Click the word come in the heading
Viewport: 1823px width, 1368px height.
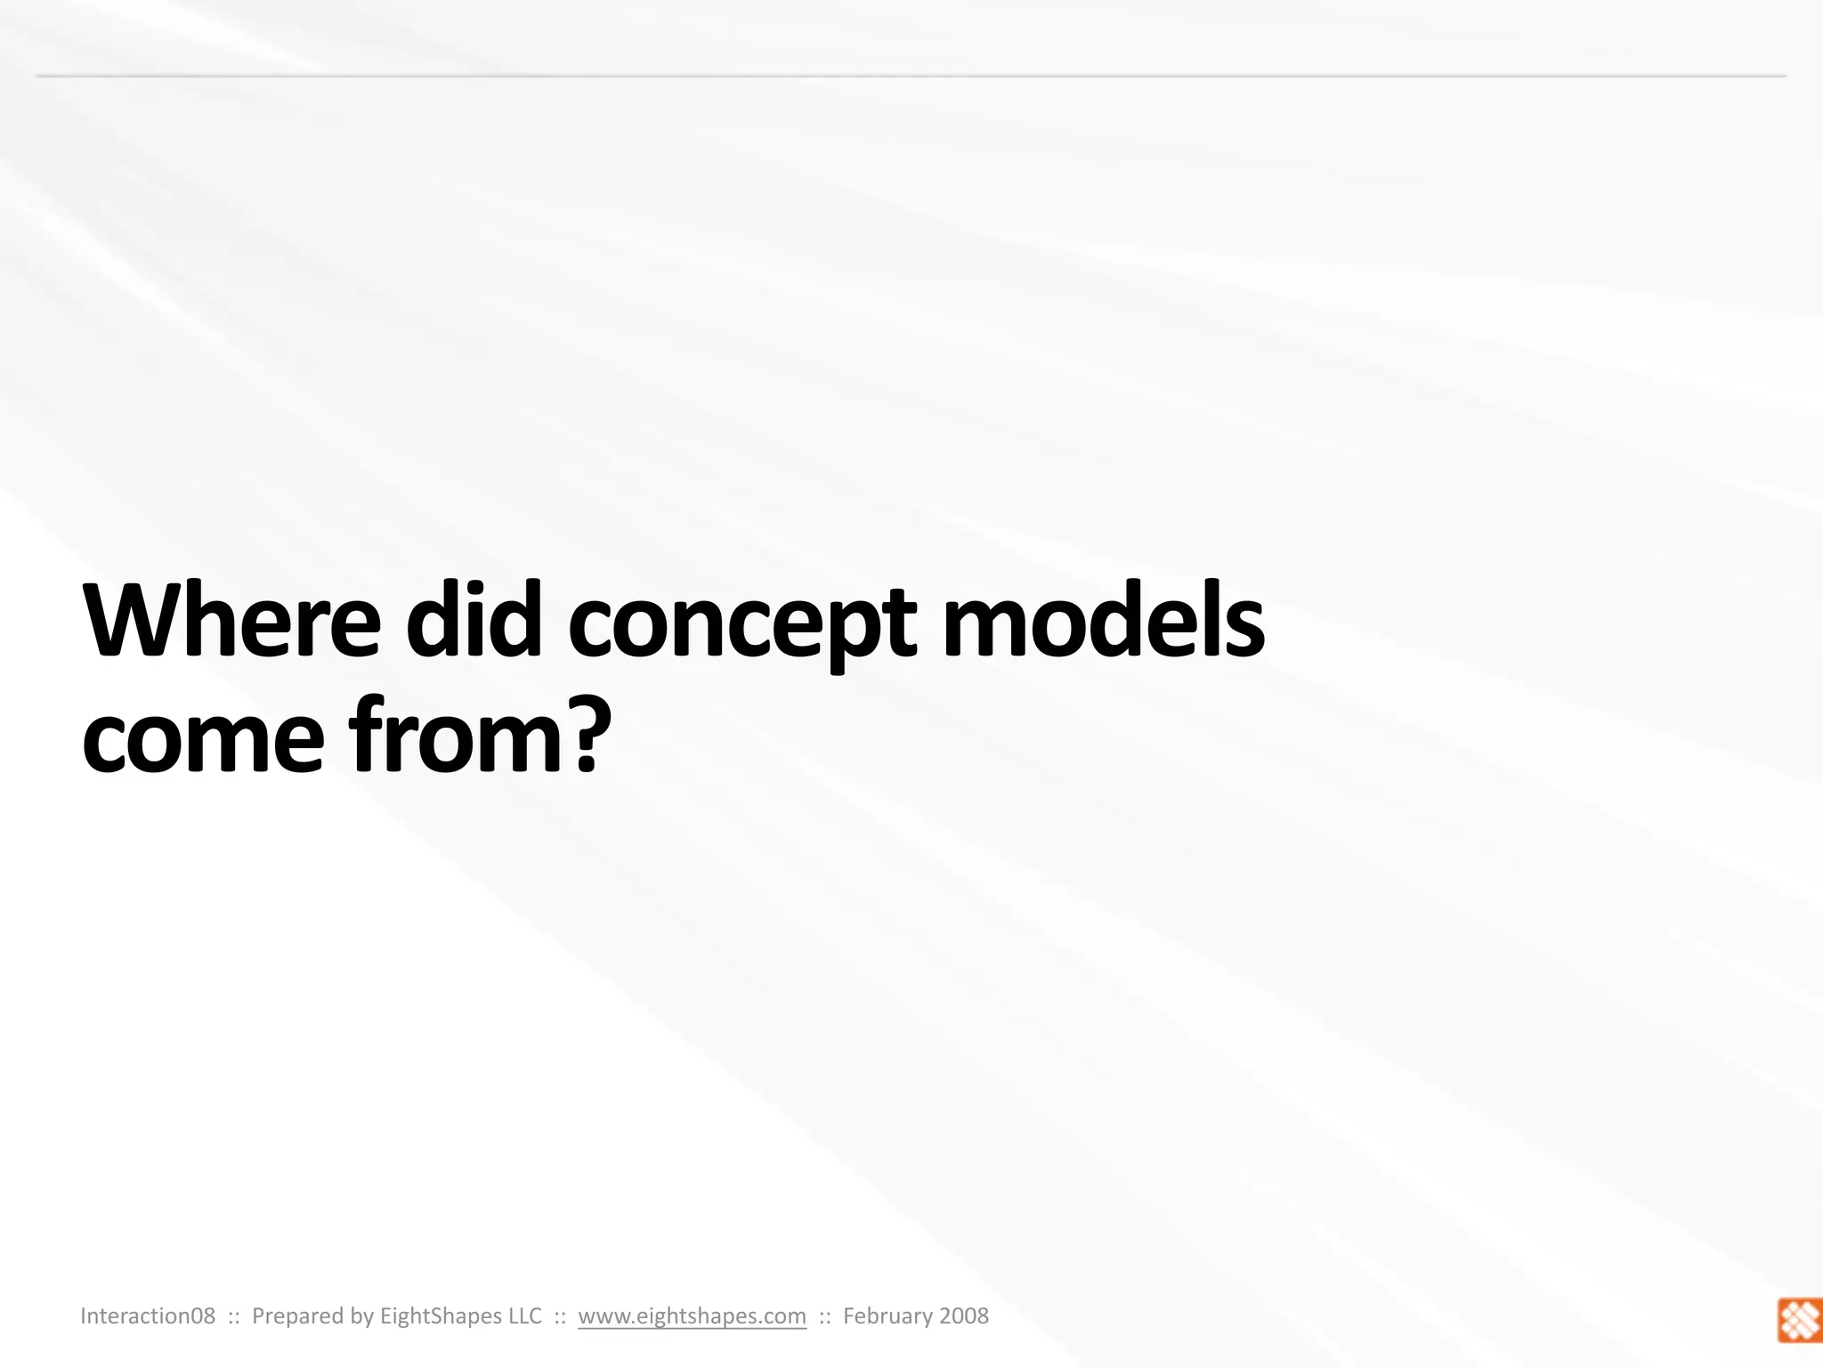(x=203, y=737)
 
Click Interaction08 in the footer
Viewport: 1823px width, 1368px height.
(x=148, y=1316)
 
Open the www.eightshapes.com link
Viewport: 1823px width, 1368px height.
(x=692, y=1316)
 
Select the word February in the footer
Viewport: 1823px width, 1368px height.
(x=886, y=1316)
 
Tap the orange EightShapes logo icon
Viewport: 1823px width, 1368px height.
(x=1799, y=1320)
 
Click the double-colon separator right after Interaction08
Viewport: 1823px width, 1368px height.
(x=234, y=1316)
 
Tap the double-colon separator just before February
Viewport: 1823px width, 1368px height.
(x=824, y=1316)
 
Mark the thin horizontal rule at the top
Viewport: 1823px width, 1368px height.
(x=911, y=77)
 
